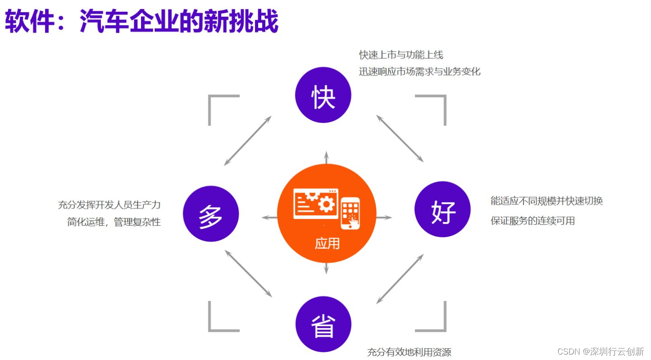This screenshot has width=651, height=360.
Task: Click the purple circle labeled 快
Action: point(323,95)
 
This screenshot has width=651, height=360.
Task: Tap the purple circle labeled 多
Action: point(211,214)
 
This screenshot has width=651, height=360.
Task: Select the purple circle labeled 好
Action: point(443,209)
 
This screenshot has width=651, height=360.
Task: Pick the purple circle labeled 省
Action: point(324,324)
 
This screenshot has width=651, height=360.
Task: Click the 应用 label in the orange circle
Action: point(327,243)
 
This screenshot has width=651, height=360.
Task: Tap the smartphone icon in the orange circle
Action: point(350,213)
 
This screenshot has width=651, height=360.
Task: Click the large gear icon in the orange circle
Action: point(326,204)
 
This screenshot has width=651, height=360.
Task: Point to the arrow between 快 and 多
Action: point(248,141)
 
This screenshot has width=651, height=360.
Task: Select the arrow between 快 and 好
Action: point(400,138)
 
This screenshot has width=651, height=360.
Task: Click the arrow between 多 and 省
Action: point(249,273)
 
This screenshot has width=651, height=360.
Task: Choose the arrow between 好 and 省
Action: point(400,279)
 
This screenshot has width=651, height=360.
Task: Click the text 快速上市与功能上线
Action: point(401,55)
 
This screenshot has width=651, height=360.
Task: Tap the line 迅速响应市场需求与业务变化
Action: point(420,71)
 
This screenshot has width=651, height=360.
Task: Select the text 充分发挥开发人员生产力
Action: point(109,205)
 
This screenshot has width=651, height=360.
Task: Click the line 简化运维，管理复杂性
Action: point(114,222)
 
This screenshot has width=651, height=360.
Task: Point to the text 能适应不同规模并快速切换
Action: point(547,201)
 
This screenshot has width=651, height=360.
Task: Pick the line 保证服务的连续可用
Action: point(533,221)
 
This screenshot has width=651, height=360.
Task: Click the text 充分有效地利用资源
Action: point(409,352)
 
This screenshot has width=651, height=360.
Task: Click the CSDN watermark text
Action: point(600,351)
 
